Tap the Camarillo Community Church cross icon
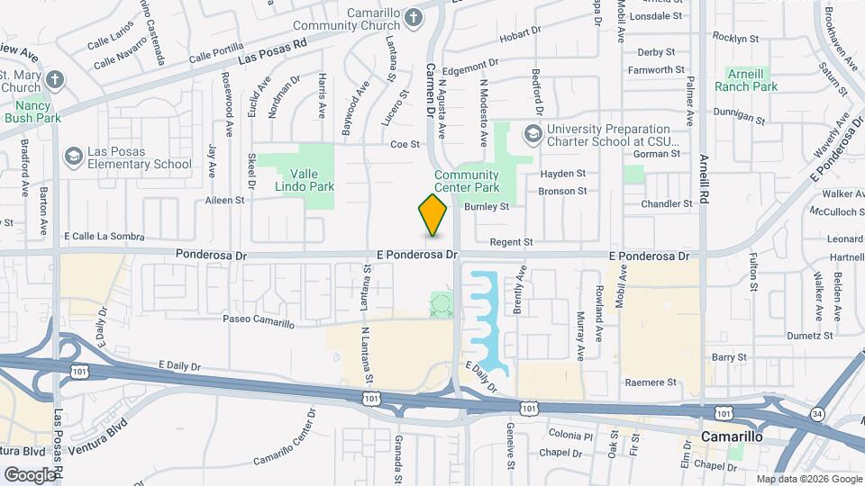[413, 17]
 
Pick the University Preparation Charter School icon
[533, 134]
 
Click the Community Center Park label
[466, 182]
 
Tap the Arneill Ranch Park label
[746, 80]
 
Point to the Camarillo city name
[732, 436]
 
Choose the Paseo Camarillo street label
[259, 321]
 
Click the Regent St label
[511, 242]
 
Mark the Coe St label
[405, 144]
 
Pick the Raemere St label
[652, 382]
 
